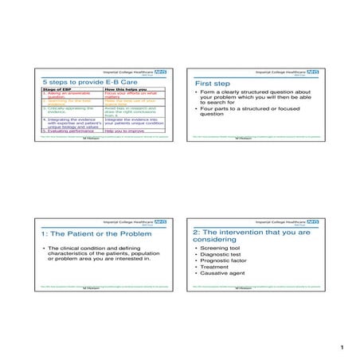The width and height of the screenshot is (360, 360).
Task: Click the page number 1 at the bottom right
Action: pyautogui.click(x=340, y=347)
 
